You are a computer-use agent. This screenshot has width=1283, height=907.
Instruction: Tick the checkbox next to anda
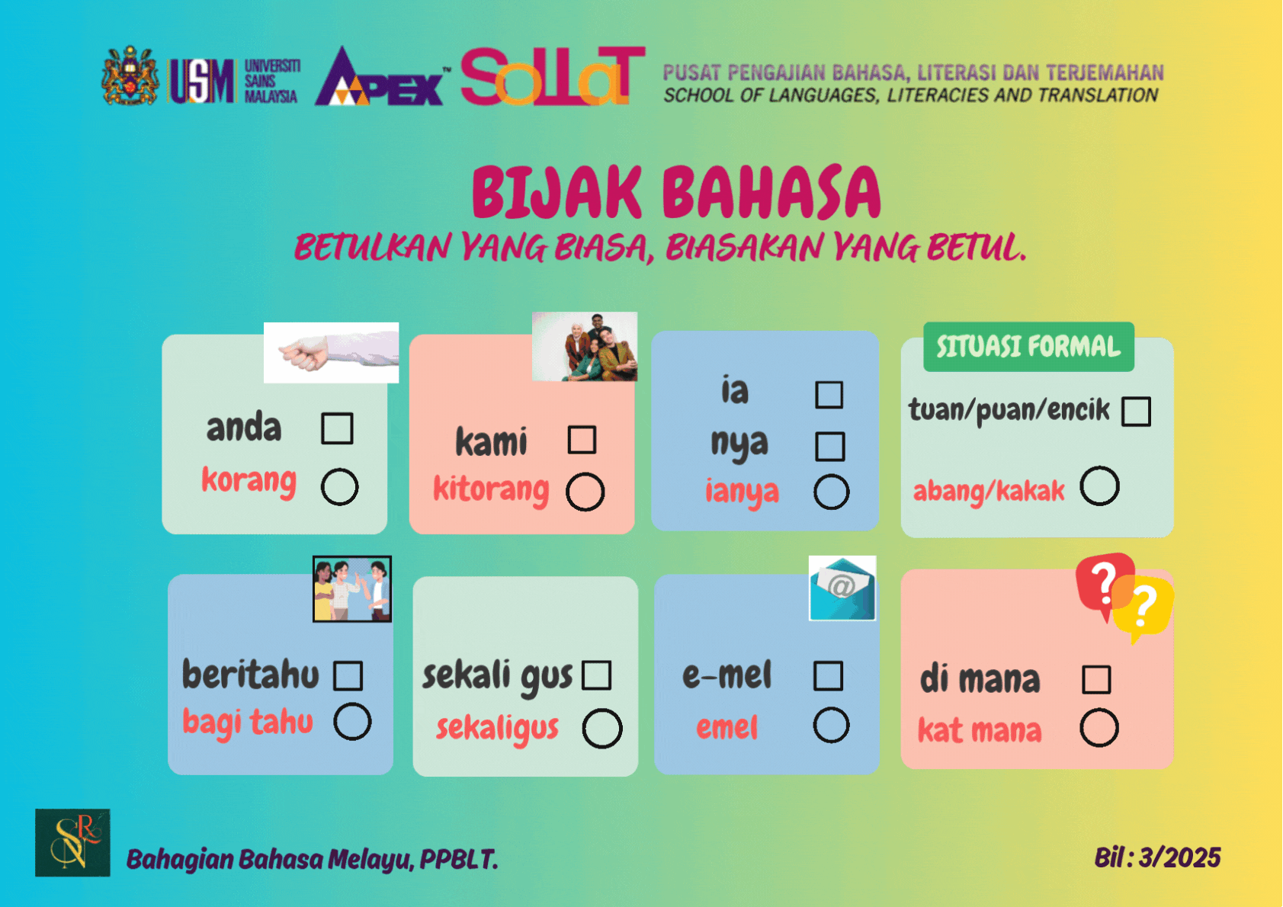pyautogui.click(x=337, y=428)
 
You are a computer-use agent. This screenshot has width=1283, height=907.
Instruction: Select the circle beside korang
pyautogui.click(x=339, y=486)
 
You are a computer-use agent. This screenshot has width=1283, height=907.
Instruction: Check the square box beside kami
pyautogui.click(x=582, y=440)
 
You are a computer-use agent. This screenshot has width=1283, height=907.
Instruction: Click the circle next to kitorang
pyautogui.click(x=585, y=492)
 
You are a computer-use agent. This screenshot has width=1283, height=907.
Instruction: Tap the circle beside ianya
pyautogui.click(x=831, y=492)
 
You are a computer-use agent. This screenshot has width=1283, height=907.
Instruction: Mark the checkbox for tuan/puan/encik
pyautogui.click(x=1136, y=412)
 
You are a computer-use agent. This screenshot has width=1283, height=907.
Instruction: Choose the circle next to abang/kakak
pyautogui.click(x=1099, y=486)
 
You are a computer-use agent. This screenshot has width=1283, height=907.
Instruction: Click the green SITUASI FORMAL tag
pyautogui.click(x=1028, y=347)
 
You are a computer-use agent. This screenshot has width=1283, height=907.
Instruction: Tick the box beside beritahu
pyautogui.click(x=348, y=675)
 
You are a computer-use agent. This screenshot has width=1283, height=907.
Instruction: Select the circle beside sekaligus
pyautogui.click(x=602, y=729)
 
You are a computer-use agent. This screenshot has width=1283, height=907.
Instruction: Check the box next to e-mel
pyautogui.click(x=828, y=675)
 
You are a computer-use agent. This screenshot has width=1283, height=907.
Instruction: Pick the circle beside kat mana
pyautogui.click(x=1099, y=728)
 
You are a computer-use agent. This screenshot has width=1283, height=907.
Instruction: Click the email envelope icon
pyautogui.click(x=842, y=588)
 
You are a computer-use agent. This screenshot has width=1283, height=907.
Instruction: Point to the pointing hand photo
pyautogui.click(x=331, y=353)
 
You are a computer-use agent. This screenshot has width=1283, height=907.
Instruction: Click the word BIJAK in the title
pyautogui.click(x=557, y=194)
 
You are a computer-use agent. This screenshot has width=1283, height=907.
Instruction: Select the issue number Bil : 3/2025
pyautogui.click(x=1157, y=858)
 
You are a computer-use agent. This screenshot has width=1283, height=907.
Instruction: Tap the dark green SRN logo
pyautogui.click(x=72, y=842)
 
